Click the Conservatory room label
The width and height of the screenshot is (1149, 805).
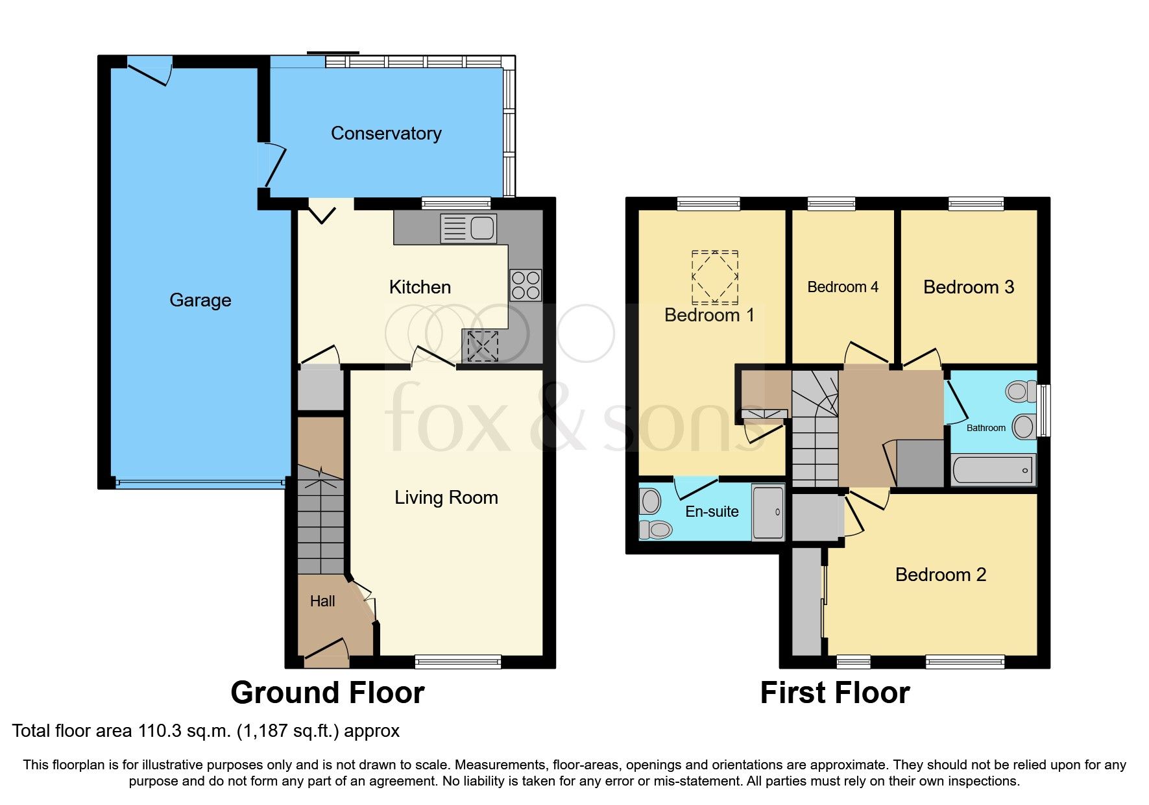click(386, 133)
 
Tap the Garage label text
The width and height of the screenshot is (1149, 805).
click(200, 300)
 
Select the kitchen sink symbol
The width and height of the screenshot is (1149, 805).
click(468, 229)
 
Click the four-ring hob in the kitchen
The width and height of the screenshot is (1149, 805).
click(525, 285)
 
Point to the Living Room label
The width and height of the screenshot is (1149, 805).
click(446, 498)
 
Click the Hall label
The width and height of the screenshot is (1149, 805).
click(322, 602)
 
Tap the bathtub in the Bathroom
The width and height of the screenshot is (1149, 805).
click(993, 470)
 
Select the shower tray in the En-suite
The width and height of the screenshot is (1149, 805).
click(768, 512)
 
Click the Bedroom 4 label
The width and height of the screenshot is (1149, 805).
click(842, 287)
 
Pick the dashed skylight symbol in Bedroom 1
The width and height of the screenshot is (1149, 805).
click(714, 277)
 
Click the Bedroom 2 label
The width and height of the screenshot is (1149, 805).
click(940, 575)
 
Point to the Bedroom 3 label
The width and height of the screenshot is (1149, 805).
click(968, 287)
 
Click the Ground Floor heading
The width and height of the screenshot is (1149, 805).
click(328, 693)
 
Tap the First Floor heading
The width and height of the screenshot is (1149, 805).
click(834, 693)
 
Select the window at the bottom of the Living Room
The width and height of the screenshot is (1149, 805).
click(458, 662)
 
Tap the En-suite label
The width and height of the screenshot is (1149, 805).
click(712, 512)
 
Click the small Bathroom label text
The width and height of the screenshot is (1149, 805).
click(986, 428)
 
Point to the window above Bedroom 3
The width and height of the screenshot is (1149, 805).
click(976, 204)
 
